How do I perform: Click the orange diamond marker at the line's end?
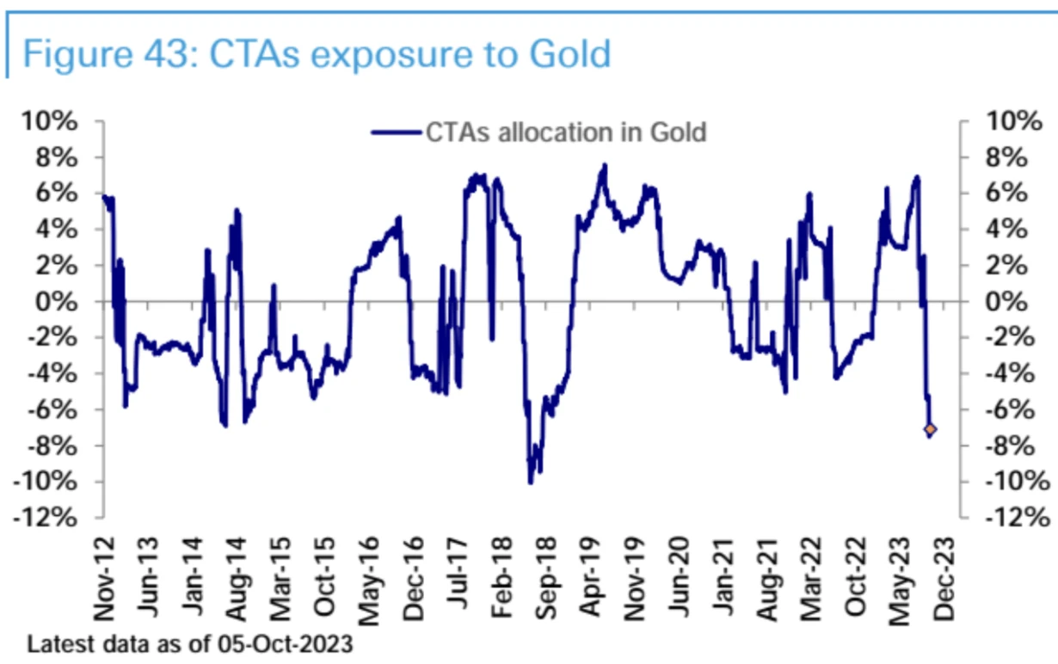tap(931, 428)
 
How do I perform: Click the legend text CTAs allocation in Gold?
tap(566, 132)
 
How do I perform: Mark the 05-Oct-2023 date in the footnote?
tap(297, 643)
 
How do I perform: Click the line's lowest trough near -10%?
tap(531, 483)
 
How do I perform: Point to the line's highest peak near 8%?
tap(605, 164)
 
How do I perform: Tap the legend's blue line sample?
tap(397, 133)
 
